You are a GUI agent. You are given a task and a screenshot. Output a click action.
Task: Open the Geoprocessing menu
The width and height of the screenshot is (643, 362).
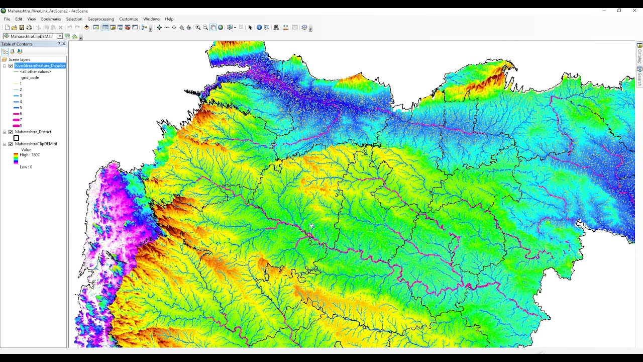tap(100, 19)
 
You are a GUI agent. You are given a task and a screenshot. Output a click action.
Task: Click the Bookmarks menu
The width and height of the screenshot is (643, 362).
tap(51, 19)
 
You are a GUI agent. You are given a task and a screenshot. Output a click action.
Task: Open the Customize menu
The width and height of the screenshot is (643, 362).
tap(129, 19)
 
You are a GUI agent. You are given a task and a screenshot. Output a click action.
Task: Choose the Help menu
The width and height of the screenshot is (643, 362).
tap(169, 19)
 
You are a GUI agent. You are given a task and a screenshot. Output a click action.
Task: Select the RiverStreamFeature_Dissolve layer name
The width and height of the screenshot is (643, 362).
tap(40, 66)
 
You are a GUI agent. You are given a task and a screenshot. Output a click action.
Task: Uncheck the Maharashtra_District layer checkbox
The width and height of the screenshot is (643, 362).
tap(11, 132)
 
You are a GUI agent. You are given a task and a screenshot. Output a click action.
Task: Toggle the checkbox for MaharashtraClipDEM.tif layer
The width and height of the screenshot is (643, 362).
tap(11, 144)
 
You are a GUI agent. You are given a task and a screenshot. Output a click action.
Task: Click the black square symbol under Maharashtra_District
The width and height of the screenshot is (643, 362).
tap(17, 138)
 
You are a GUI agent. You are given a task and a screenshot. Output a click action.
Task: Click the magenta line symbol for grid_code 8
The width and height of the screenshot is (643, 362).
tap(16, 126)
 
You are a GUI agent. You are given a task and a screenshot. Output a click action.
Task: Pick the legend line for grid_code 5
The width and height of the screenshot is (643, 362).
tap(16, 108)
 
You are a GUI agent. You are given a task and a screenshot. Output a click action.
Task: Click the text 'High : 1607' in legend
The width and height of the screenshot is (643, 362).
tap(30, 155)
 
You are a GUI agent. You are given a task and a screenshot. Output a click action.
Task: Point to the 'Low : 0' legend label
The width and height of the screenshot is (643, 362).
tap(26, 167)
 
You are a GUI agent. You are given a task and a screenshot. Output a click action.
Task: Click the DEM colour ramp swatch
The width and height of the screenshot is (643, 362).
tap(16, 159)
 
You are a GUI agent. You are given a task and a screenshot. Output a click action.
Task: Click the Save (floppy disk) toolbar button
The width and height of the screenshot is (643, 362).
tap(22, 28)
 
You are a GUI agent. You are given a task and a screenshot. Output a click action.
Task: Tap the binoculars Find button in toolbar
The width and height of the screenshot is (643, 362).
tap(276, 28)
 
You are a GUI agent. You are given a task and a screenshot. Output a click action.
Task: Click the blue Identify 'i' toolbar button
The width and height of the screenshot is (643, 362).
tap(259, 28)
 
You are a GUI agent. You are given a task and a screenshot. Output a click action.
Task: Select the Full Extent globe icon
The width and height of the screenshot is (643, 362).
tap(221, 28)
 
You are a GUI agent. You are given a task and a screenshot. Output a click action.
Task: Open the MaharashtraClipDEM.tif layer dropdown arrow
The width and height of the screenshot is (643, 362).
tap(60, 36)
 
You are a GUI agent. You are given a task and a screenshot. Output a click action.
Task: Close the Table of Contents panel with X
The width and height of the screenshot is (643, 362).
tap(64, 44)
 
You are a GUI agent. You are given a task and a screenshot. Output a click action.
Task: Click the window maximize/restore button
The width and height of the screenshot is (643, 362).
tap(619, 11)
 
